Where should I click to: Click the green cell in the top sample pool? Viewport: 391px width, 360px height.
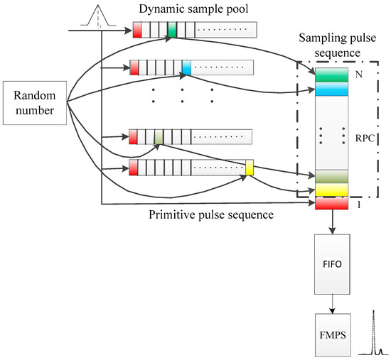pyautogui.click(x=173, y=29)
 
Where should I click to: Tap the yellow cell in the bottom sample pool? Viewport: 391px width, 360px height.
pyautogui.click(x=250, y=168)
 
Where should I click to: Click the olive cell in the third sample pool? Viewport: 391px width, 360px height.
pyautogui.click(x=159, y=136)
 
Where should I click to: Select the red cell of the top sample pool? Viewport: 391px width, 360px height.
pyautogui.click(x=137, y=29)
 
